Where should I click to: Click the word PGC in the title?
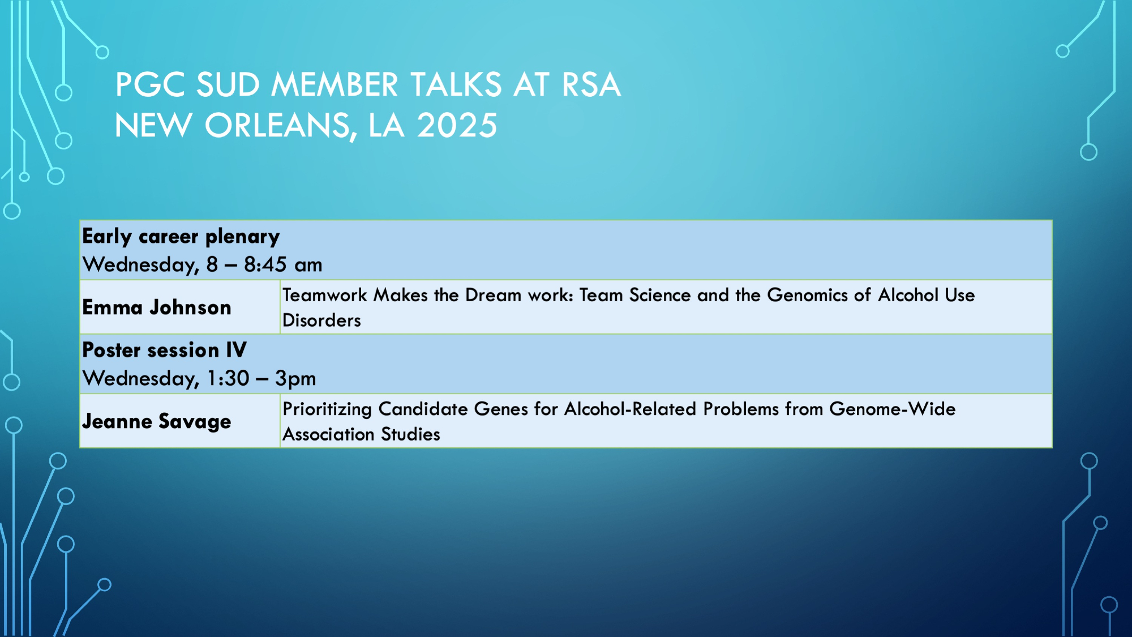tap(151, 84)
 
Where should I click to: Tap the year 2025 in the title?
tap(457, 125)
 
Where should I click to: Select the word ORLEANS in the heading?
tap(281, 126)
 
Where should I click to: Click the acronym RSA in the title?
tap(591, 84)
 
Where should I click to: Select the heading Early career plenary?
tap(181, 237)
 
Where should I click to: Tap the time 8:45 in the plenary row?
tap(265, 264)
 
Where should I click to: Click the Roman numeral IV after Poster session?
tap(236, 350)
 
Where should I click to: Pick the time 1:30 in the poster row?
tap(228, 378)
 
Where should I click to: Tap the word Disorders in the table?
tap(321, 320)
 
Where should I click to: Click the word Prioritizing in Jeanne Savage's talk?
tap(327, 409)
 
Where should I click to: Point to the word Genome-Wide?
tap(893, 409)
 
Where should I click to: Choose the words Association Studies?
tap(361, 434)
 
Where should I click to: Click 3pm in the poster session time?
tap(295, 379)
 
